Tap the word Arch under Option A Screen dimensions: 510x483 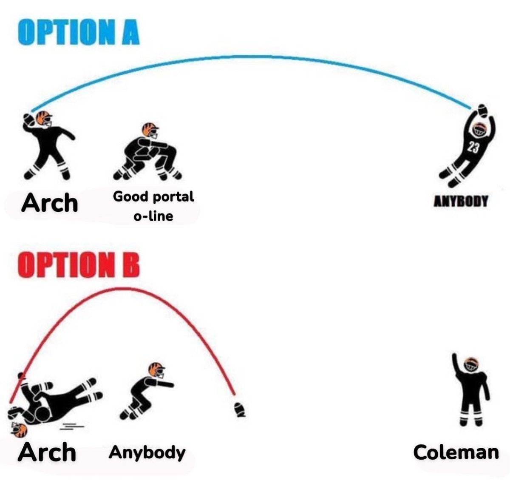click(50, 203)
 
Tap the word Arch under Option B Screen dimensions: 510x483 click(47, 452)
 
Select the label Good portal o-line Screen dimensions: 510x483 click(153, 206)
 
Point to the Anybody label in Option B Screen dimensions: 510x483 click(147, 452)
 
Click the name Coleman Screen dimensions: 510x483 click(456, 452)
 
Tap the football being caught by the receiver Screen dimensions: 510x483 click(482, 109)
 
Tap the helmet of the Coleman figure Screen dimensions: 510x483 click(472, 364)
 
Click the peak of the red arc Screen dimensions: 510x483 click(123, 289)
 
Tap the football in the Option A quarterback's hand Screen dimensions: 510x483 click(28, 119)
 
